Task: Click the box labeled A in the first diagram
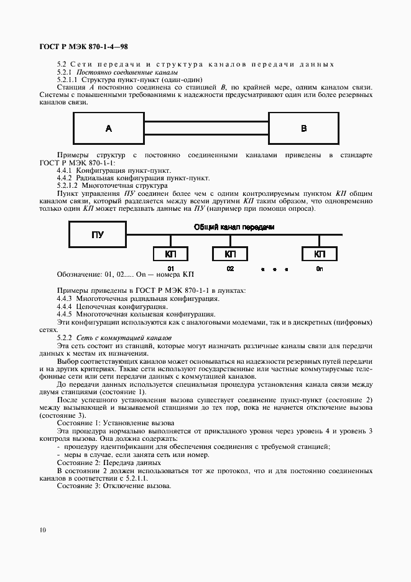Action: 109,129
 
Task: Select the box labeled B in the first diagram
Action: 303,129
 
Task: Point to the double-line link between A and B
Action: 206,128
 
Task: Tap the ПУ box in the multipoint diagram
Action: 98,235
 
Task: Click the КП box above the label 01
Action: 171,254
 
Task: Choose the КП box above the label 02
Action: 230,254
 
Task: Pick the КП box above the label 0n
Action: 320,254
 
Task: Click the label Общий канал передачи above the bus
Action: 234,228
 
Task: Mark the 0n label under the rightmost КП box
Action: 320,269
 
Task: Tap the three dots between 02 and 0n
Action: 274,270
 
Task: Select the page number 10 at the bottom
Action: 42,530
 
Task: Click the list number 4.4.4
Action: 65,307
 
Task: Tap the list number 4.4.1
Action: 65,170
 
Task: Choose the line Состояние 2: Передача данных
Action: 109,463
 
